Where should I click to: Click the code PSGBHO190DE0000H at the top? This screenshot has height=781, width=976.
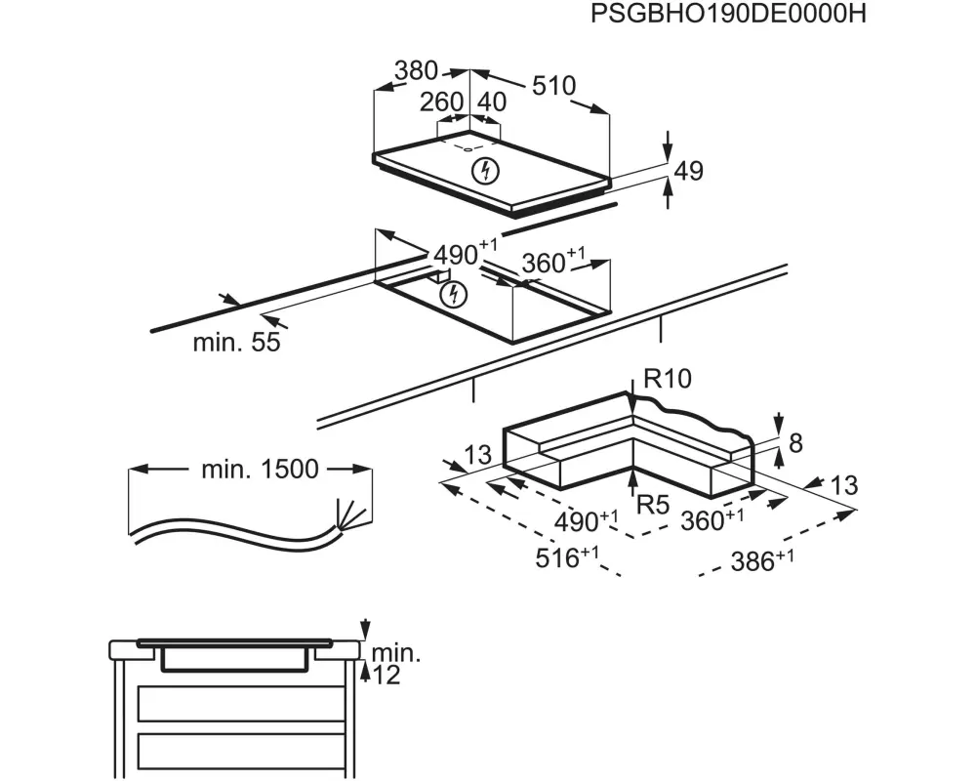coord(728,14)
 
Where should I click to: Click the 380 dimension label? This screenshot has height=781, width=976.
coord(417,70)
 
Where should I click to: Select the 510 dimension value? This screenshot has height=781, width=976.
coord(554,86)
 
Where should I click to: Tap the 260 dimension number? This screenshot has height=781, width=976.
coord(441,103)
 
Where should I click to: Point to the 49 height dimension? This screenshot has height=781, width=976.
coord(688,171)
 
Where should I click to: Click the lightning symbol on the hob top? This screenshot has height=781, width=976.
coord(485,171)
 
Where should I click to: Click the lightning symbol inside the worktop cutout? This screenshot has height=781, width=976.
coord(453,294)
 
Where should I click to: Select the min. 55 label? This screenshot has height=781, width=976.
coord(236,342)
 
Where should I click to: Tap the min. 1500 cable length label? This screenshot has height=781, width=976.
coord(261,469)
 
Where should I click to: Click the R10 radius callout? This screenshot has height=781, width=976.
coord(668,378)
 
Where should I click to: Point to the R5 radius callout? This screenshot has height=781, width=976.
coord(652,505)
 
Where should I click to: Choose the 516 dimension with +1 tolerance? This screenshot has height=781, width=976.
coord(567,556)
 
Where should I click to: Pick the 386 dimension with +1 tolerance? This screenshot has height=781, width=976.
coord(762,560)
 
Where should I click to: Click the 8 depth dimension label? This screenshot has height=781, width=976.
coord(795,443)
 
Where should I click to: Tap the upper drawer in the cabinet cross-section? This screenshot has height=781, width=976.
coord(241,704)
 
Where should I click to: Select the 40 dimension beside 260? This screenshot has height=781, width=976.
coord(492,103)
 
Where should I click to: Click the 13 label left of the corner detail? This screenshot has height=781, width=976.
coord(478,455)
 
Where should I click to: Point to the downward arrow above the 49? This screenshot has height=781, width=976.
coord(668,146)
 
